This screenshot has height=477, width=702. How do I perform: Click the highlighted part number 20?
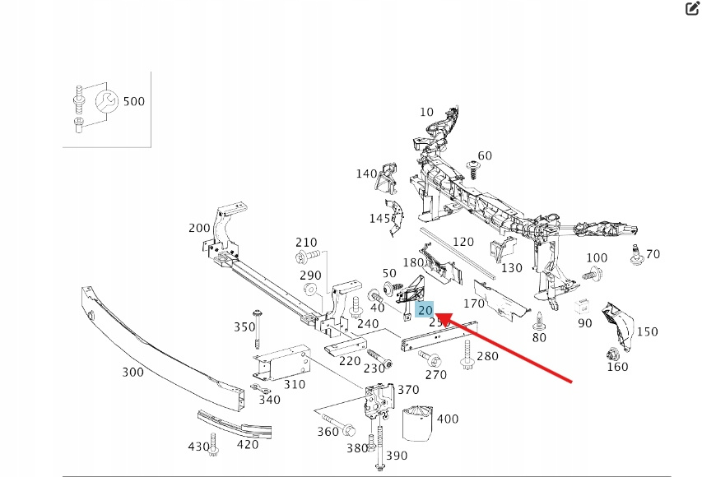pos(425,310)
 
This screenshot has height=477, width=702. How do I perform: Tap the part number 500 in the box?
pos(133,102)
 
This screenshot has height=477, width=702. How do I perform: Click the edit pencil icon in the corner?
pos(691,9)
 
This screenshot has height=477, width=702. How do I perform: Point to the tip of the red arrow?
pos(436,314)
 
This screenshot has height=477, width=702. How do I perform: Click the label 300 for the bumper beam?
pos(132,372)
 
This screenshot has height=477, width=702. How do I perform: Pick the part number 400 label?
pos(448,419)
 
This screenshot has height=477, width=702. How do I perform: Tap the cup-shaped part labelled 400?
pos(417,421)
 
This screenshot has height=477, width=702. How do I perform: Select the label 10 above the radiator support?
pos(426,112)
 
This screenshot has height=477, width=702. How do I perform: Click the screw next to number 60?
pos(473,168)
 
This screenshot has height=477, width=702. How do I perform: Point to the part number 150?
pos(647,331)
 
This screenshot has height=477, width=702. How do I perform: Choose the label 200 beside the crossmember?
pos(199,228)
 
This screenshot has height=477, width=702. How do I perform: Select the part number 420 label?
pos(247,445)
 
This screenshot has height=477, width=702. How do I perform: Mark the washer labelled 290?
pos(311,290)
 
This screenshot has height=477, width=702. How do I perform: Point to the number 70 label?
pos(653,254)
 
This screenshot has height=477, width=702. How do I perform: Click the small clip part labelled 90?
pos(580,307)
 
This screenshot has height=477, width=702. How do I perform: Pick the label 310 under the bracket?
pos(294,384)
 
